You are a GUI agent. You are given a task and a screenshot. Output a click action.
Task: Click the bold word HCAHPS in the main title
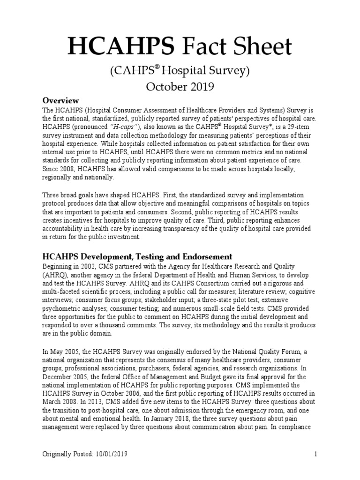[x=121, y=47]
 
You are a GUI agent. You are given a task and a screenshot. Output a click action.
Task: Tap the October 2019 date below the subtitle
[x=180, y=86]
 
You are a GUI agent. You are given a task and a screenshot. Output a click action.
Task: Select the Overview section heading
[x=60, y=100]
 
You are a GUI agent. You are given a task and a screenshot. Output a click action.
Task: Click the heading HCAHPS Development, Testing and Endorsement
[x=137, y=256]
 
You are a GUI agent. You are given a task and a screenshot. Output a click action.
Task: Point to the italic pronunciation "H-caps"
[x=123, y=127]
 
